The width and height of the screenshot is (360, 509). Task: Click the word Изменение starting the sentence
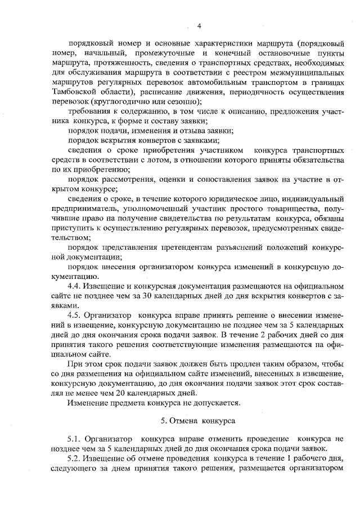point(87,403)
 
